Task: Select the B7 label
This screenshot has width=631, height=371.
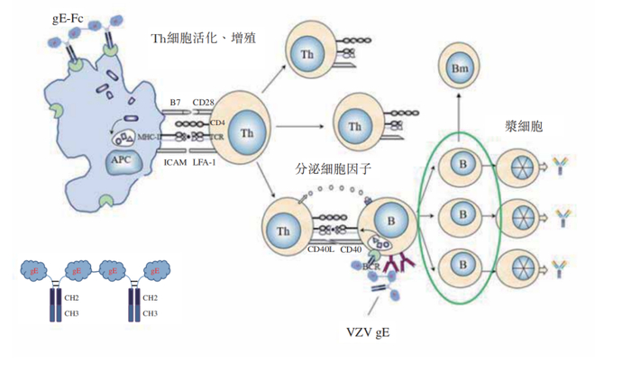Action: coord(176,103)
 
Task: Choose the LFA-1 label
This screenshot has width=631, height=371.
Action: coord(207,163)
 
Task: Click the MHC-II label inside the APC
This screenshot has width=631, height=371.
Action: coord(150,137)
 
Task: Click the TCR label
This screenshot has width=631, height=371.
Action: coord(216,136)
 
